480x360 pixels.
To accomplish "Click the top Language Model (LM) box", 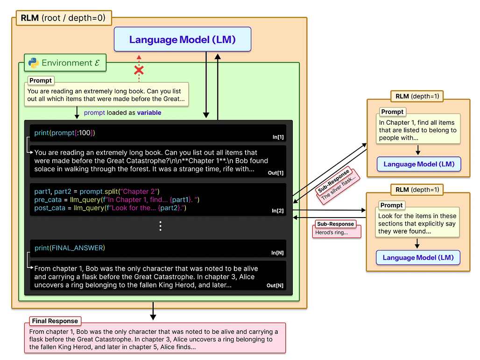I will pos(183,40).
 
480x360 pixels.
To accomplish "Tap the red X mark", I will pos(139,71).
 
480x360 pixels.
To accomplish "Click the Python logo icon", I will pos(33,63).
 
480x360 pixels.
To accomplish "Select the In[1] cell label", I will pos(278,137).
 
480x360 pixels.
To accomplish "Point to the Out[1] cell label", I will pos(275,173).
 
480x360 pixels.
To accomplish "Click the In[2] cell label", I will pos(278,211).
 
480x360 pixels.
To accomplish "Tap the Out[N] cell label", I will pos(275,285).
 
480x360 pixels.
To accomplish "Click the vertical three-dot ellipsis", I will pos(160,226).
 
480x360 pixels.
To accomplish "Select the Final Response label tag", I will pos(55,321).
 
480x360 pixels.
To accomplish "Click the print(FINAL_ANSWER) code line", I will pos(70,248).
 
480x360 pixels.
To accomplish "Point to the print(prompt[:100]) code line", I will pos(64,133).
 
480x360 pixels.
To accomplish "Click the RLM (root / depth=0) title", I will pos(63,19).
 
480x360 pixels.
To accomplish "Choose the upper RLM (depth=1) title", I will pos(417,96).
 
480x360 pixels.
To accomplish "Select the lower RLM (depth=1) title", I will pos(417,190).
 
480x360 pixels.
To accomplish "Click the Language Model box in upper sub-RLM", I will pos(419,164).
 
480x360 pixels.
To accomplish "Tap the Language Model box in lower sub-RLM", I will pos(418,258).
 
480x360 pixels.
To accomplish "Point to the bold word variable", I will pos(149,113).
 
